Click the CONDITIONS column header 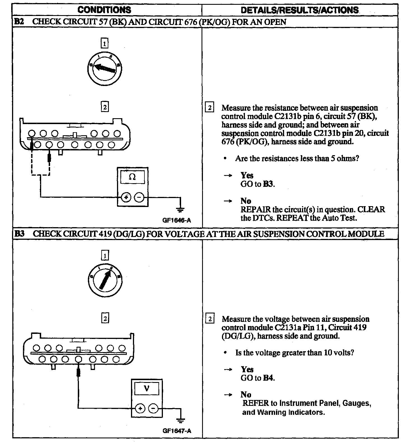pos(104,10)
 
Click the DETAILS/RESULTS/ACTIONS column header pos(299,10)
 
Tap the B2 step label pos(19,22)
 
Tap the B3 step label pos(19,234)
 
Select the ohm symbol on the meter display pos(132,177)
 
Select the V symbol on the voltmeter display pos(146,389)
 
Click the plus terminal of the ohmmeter pos(126,197)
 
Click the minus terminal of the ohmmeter pos(139,197)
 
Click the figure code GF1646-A pos(177,220)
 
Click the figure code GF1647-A pos(177,431)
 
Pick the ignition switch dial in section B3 pos(105,279)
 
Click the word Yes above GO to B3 pos(247,175)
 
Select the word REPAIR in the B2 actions pos(256,210)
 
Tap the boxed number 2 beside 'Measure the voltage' pos(210,319)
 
